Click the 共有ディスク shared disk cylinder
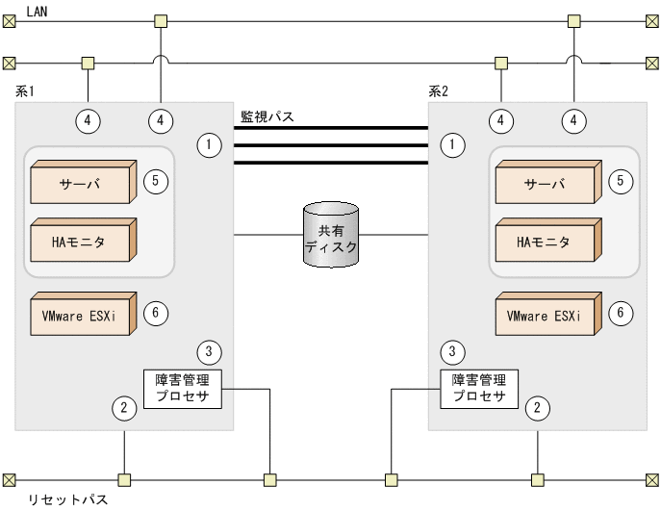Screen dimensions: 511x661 (x=330, y=234)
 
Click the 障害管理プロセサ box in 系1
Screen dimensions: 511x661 (x=183, y=388)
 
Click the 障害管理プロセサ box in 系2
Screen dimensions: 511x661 (x=479, y=388)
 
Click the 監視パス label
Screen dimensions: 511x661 (x=267, y=116)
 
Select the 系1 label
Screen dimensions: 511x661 (x=26, y=92)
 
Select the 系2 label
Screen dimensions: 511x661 (x=439, y=92)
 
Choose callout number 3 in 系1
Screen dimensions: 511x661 (x=209, y=350)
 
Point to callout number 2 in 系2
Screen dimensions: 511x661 (x=540, y=407)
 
